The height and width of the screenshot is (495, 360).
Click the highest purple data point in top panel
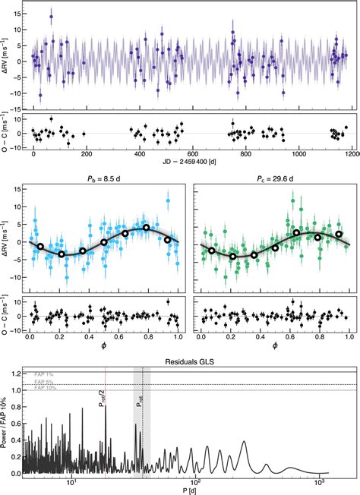coord(51,16)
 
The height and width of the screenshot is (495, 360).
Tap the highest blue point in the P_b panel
coord(168,201)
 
